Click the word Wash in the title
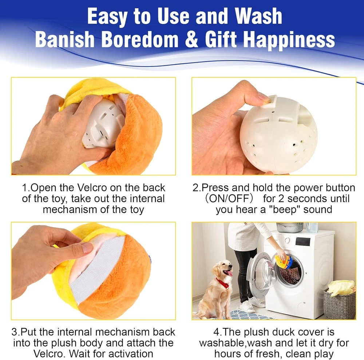258,16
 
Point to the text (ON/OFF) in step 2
229,199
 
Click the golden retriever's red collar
223,283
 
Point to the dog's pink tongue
230,273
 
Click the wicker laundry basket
339,304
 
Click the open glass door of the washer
261,275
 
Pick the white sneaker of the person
247,306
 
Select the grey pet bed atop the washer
290,227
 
